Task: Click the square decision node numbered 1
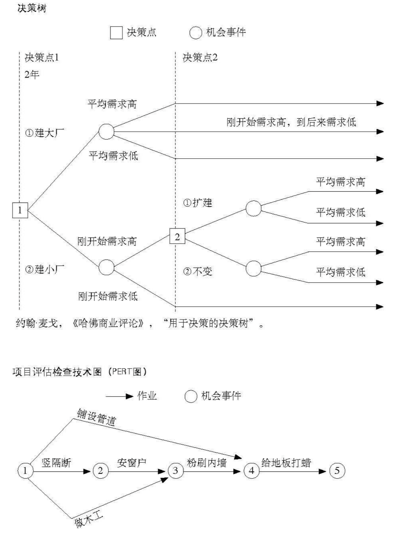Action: [x=20, y=210]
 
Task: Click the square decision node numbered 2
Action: [x=177, y=236]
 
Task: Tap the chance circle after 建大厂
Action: [x=106, y=132]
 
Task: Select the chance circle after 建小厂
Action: [x=106, y=267]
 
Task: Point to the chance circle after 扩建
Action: [x=253, y=208]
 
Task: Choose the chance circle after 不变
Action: [x=253, y=268]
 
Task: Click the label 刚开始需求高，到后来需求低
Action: [x=291, y=122]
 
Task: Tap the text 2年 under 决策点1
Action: [x=32, y=75]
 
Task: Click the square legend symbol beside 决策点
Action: [x=116, y=33]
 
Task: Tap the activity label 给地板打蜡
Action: [x=286, y=462]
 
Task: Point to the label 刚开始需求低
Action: [x=108, y=296]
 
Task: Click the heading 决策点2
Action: [x=200, y=58]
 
